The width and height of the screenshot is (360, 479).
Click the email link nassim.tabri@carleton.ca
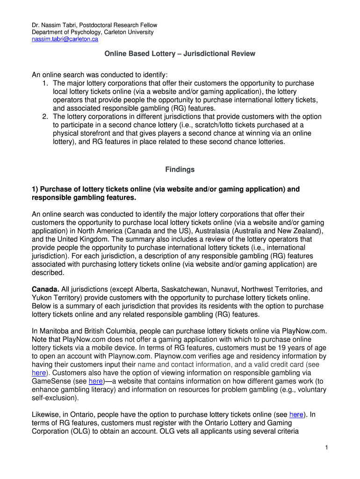click(65, 40)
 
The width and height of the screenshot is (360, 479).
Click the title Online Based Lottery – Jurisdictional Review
click(180, 54)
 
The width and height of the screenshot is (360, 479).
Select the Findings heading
click(180, 169)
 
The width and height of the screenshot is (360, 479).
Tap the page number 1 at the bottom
click(327, 448)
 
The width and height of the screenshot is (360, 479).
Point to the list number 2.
click(45, 116)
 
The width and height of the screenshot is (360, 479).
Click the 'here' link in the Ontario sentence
click(296, 414)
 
